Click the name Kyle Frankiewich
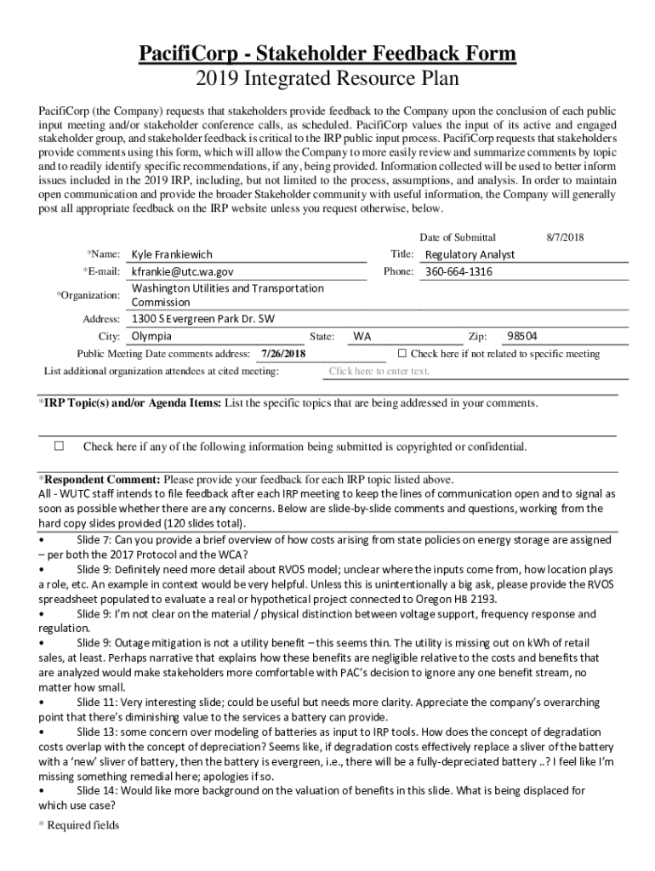point(172,254)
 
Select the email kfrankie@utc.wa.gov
point(182,271)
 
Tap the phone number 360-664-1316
point(458,271)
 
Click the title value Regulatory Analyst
point(470,254)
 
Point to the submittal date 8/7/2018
point(566,237)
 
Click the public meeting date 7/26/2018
point(283,354)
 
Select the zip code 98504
point(522,336)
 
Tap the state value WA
point(362,336)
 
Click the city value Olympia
point(151,336)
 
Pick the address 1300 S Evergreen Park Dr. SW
point(202,319)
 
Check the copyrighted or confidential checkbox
point(60,446)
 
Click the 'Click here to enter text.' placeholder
point(379,371)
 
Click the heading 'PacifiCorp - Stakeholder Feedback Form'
point(327,55)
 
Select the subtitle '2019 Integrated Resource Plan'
point(327,79)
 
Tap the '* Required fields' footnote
point(79,825)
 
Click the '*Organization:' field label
point(88,295)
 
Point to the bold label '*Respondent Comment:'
point(100,479)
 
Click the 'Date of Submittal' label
point(458,237)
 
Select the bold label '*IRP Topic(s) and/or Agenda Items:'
point(129,402)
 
